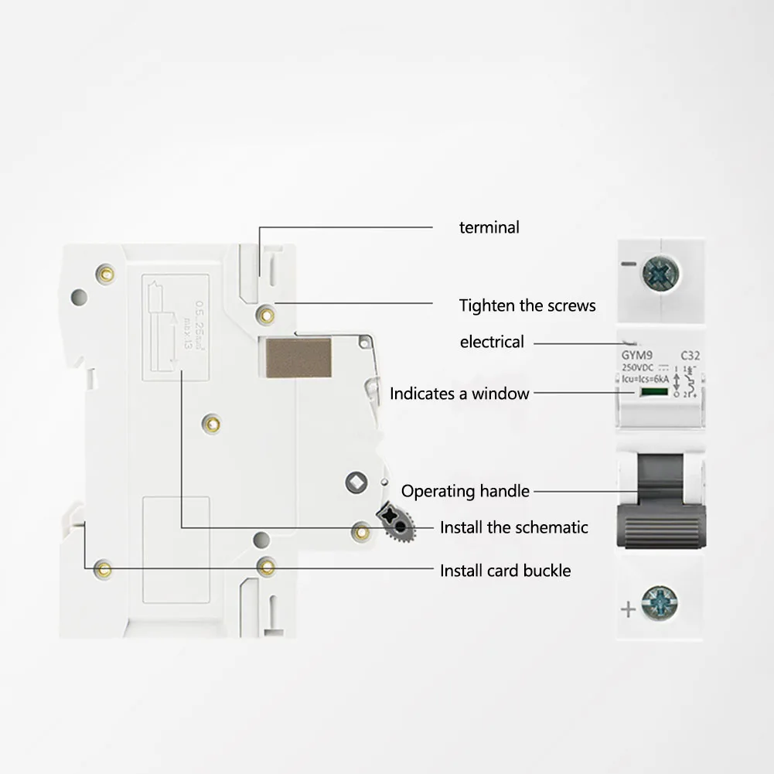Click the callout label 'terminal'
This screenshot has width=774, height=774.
(x=489, y=227)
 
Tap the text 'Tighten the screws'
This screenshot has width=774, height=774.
(x=527, y=305)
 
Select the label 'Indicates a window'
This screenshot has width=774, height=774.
(x=459, y=394)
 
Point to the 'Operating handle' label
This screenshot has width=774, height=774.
(x=465, y=491)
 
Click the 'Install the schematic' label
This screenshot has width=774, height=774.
(x=514, y=527)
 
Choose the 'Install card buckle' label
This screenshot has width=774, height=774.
(x=506, y=571)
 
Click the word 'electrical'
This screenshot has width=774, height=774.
(x=492, y=342)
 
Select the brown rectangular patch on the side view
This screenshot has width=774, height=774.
(x=298, y=357)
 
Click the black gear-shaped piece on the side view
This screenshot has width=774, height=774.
(x=397, y=524)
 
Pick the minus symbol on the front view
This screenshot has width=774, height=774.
(x=628, y=265)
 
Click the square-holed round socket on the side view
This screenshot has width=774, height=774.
(x=356, y=484)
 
